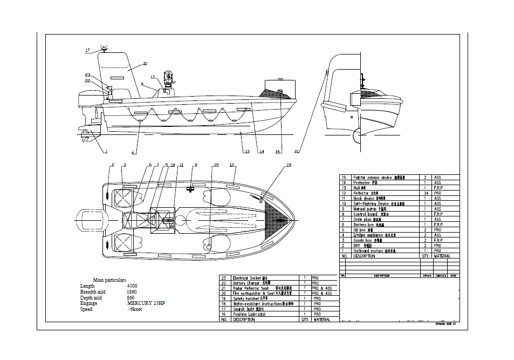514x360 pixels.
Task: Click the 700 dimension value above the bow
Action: click(280, 79)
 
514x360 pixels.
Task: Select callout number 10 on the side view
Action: click(145, 63)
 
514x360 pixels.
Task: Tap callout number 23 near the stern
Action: click(87, 75)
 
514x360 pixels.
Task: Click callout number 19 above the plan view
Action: click(289, 165)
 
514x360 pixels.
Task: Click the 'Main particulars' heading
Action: click(109, 280)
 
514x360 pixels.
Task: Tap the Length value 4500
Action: click(132, 286)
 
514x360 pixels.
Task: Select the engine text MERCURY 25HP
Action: click(146, 303)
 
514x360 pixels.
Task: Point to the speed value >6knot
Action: click(134, 309)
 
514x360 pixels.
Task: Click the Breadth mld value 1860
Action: click(132, 292)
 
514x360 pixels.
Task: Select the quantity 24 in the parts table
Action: click(426, 193)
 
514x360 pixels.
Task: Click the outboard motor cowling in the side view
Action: click(87, 101)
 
